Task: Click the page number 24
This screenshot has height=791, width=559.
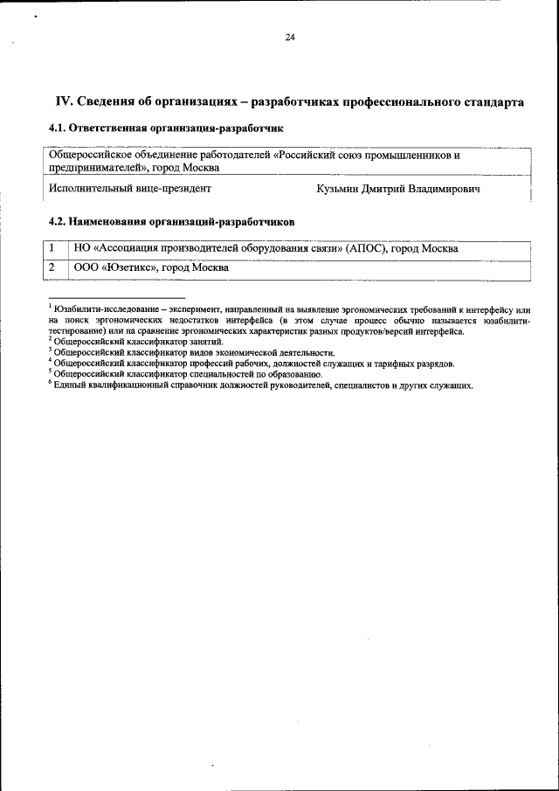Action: coord(289,36)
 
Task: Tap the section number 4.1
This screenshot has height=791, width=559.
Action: coord(58,128)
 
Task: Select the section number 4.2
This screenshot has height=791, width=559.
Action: coord(58,222)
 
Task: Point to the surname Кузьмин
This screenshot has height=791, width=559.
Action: coord(339,189)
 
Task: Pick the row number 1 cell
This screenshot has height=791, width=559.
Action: coord(53,249)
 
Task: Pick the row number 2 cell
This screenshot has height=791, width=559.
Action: coord(53,267)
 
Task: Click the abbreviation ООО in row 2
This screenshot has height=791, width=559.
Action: coord(87,267)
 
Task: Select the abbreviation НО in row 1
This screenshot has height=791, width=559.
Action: coord(82,249)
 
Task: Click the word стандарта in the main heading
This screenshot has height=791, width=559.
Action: coord(495,102)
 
